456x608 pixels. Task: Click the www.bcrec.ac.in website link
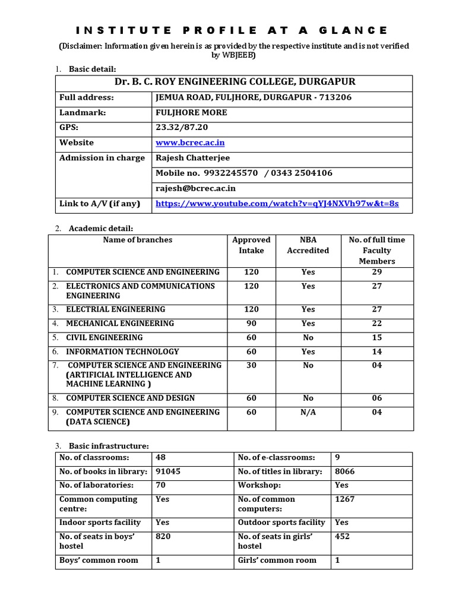coord(190,143)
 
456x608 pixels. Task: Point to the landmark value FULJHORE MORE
coord(191,113)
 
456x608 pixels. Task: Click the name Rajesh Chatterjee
coord(192,158)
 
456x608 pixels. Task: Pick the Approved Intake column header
coord(251,245)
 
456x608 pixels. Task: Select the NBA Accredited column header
coord(308,245)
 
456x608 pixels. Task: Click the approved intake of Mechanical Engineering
coord(251,324)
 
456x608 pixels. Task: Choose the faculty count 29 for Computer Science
coord(376,273)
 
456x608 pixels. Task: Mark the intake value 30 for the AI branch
coord(251,366)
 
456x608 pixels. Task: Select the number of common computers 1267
coord(344,499)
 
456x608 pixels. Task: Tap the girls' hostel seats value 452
coord(343,537)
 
